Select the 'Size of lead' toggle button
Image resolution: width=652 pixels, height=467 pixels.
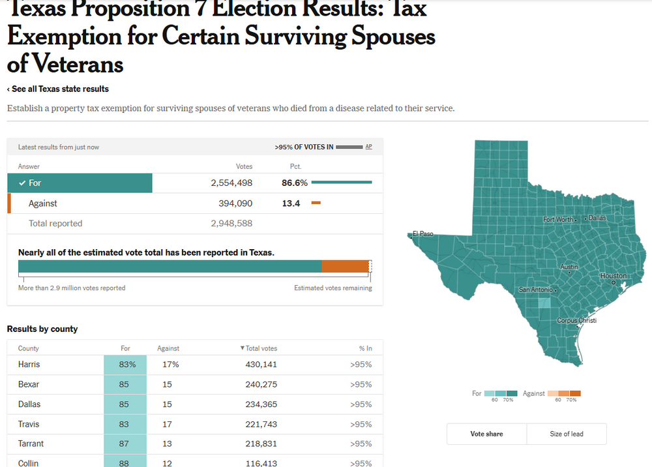click(566, 434)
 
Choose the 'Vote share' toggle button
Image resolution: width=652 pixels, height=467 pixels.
click(486, 434)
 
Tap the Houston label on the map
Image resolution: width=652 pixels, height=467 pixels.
click(613, 276)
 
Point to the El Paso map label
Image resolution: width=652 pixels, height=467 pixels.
click(422, 234)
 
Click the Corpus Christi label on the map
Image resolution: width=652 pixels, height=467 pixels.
click(576, 321)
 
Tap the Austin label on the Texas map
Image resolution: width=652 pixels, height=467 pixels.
click(569, 267)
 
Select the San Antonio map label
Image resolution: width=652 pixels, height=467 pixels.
click(535, 290)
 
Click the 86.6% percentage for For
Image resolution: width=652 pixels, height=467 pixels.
click(295, 183)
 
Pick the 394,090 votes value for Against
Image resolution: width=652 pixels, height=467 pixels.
click(235, 203)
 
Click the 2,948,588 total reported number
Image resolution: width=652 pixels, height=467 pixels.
click(231, 223)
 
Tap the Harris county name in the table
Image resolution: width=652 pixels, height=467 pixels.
click(29, 365)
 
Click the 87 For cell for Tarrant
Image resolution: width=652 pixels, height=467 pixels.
click(125, 444)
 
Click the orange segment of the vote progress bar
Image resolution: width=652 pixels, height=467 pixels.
click(345, 266)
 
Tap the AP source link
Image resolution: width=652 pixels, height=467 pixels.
click(368, 147)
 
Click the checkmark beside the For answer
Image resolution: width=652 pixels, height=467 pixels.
click(23, 183)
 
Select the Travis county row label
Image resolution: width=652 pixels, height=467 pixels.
click(29, 424)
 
